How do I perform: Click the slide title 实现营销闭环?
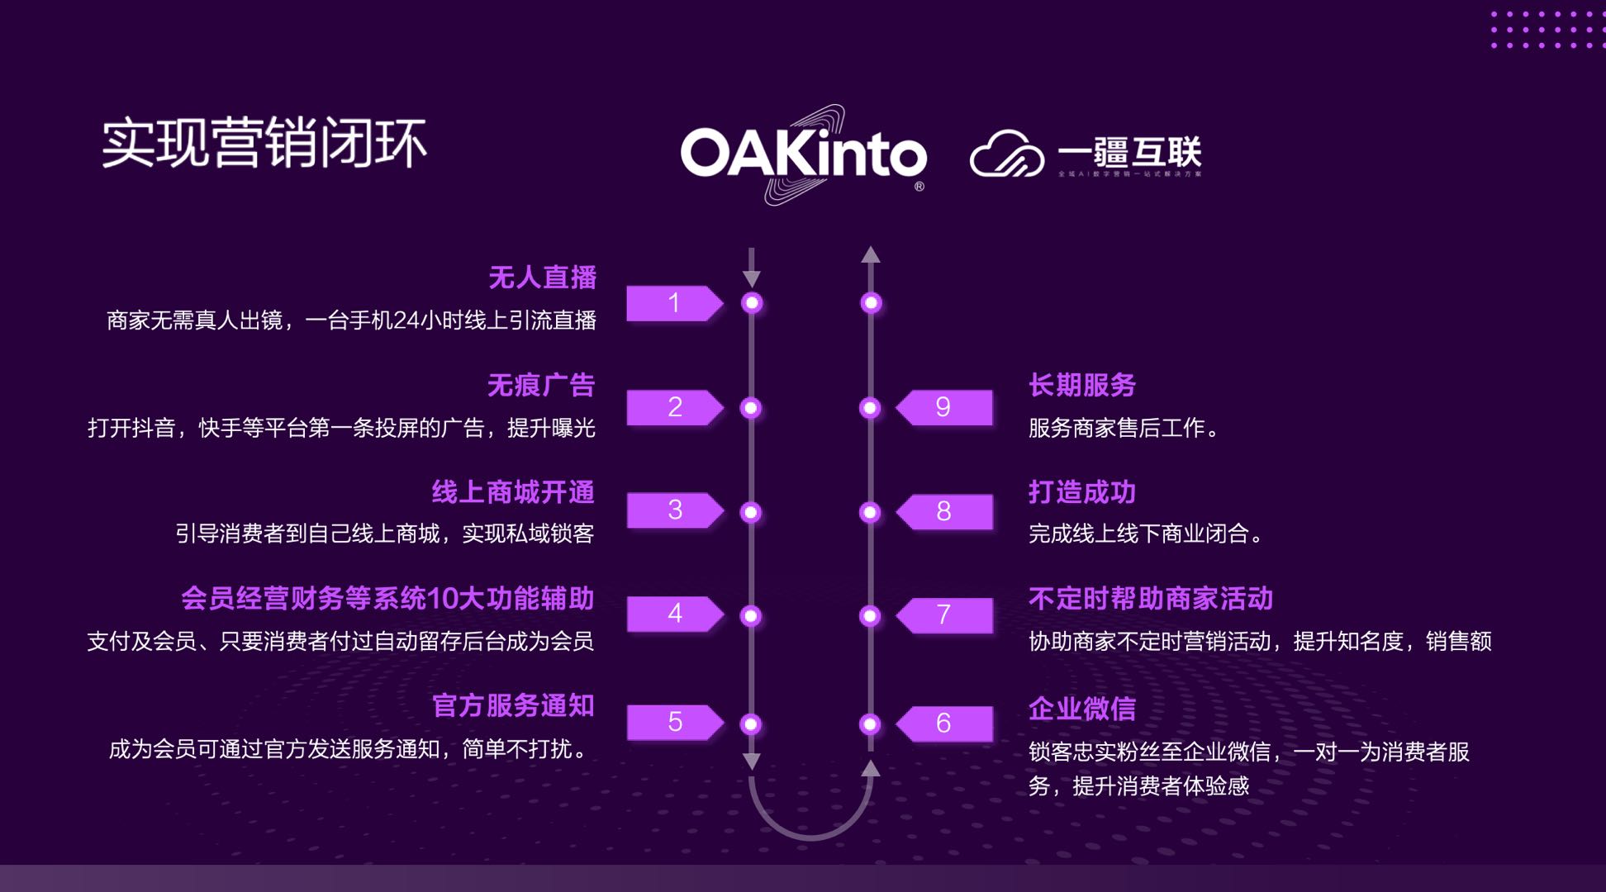[264, 144]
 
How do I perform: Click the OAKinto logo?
[803, 154]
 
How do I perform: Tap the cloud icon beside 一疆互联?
[1006, 154]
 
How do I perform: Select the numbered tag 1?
[674, 303]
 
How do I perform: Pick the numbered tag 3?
[674, 510]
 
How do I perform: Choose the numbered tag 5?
[674, 723]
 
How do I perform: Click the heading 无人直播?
[542, 278]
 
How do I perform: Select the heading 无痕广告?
[541, 385]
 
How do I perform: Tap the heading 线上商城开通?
[513, 492]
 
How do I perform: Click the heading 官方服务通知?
[513, 705]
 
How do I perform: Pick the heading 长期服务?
[1082, 385]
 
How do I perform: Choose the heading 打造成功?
[1082, 492]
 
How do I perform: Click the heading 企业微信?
[1082, 709]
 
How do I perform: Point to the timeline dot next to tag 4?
[751, 616]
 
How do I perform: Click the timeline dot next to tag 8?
[870, 512]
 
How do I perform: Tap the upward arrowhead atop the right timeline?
[871, 254]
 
